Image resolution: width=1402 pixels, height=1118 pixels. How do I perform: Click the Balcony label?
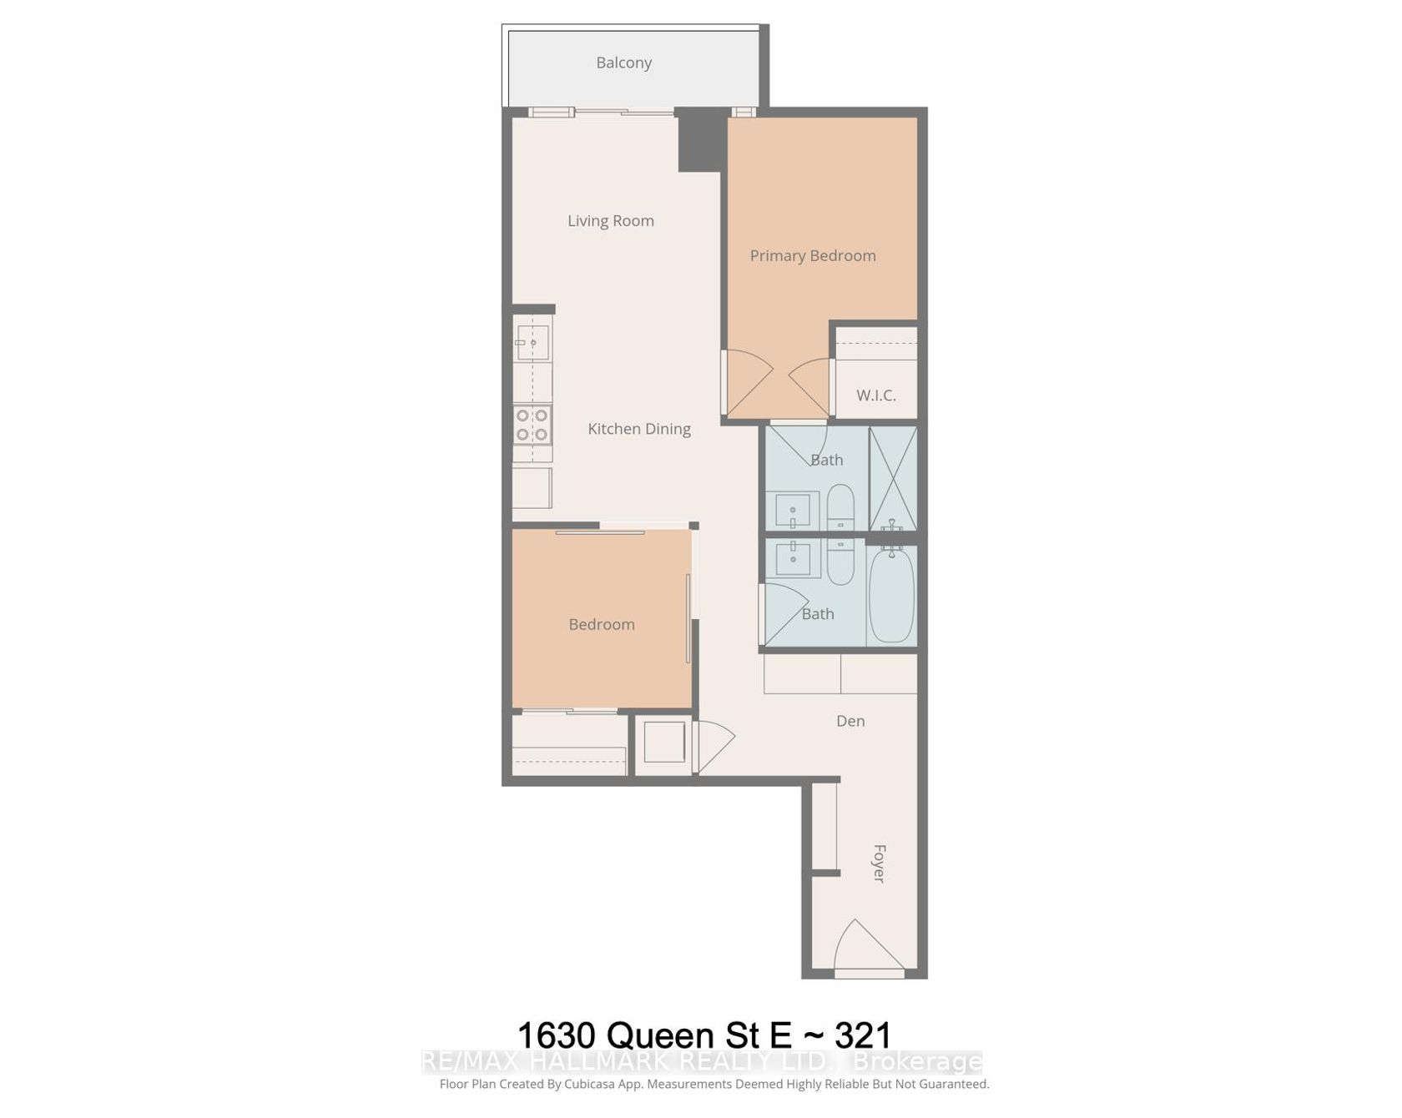(623, 63)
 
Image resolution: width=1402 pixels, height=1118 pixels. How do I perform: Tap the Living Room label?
(611, 221)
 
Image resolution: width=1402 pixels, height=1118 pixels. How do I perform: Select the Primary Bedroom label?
(813, 256)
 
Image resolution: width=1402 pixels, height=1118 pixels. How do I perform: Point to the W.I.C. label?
(876, 395)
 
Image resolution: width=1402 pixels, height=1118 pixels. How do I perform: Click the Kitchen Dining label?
(639, 429)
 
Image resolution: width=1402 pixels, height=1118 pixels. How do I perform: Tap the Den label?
(850, 721)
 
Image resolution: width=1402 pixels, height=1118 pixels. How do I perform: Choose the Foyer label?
(879, 864)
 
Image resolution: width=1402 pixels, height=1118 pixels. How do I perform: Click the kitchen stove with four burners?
(532, 425)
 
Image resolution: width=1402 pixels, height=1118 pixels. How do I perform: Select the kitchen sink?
(532, 342)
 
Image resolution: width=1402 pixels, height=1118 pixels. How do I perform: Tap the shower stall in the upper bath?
(893, 478)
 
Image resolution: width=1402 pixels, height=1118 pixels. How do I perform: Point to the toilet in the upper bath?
(840, 506)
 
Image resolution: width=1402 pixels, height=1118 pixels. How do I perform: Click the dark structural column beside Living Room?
(698, 139)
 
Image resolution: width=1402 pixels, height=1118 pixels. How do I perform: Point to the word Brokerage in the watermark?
(917, 1062)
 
